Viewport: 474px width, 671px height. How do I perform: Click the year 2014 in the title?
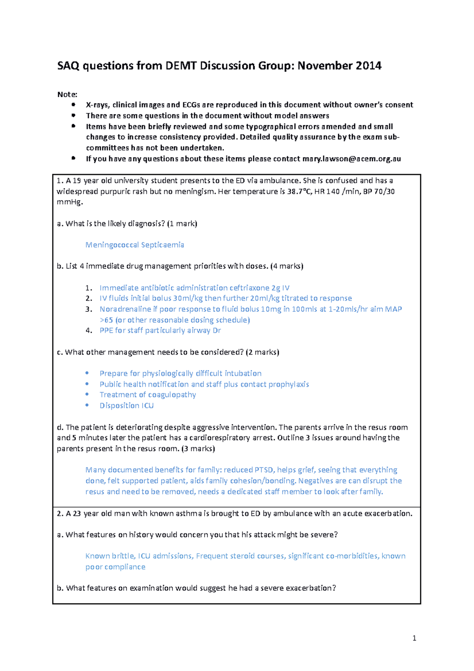point(368,66)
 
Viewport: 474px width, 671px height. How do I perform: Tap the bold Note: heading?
point(67,94)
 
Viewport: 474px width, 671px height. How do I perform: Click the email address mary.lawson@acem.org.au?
point(351,159)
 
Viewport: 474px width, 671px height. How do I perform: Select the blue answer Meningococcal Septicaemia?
point(134,245)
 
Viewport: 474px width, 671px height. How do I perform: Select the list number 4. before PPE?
point(89,330)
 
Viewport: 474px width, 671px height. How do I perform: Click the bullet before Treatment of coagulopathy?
point(87,394)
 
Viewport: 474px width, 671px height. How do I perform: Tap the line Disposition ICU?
point(126,405)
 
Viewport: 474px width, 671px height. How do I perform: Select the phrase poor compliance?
point(115,567)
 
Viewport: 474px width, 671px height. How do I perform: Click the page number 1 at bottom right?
point(414,638)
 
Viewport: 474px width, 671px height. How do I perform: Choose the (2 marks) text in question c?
point(262,352)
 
